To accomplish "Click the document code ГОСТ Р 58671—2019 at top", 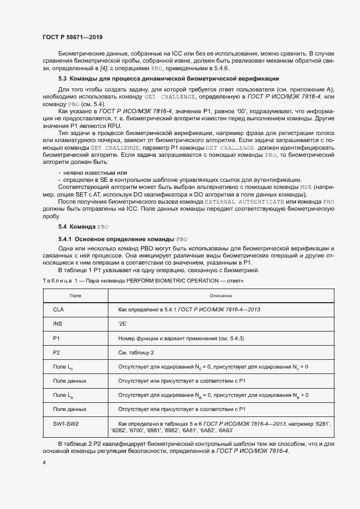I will [x=72, y=36].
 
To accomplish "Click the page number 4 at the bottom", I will [x=44, y=462].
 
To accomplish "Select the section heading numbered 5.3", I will [x=168, y=79].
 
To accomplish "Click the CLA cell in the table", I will [x=58, y=309].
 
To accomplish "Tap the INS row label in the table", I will [x=57, y=324].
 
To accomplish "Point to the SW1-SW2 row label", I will [x=65, y=423].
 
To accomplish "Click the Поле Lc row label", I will [x=63, y=367].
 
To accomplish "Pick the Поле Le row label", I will [x=63, y=395].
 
